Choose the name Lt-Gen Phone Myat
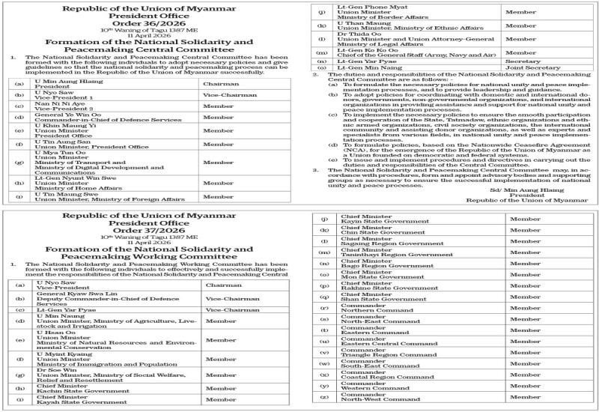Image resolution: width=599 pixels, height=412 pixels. [x=362, y=7]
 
